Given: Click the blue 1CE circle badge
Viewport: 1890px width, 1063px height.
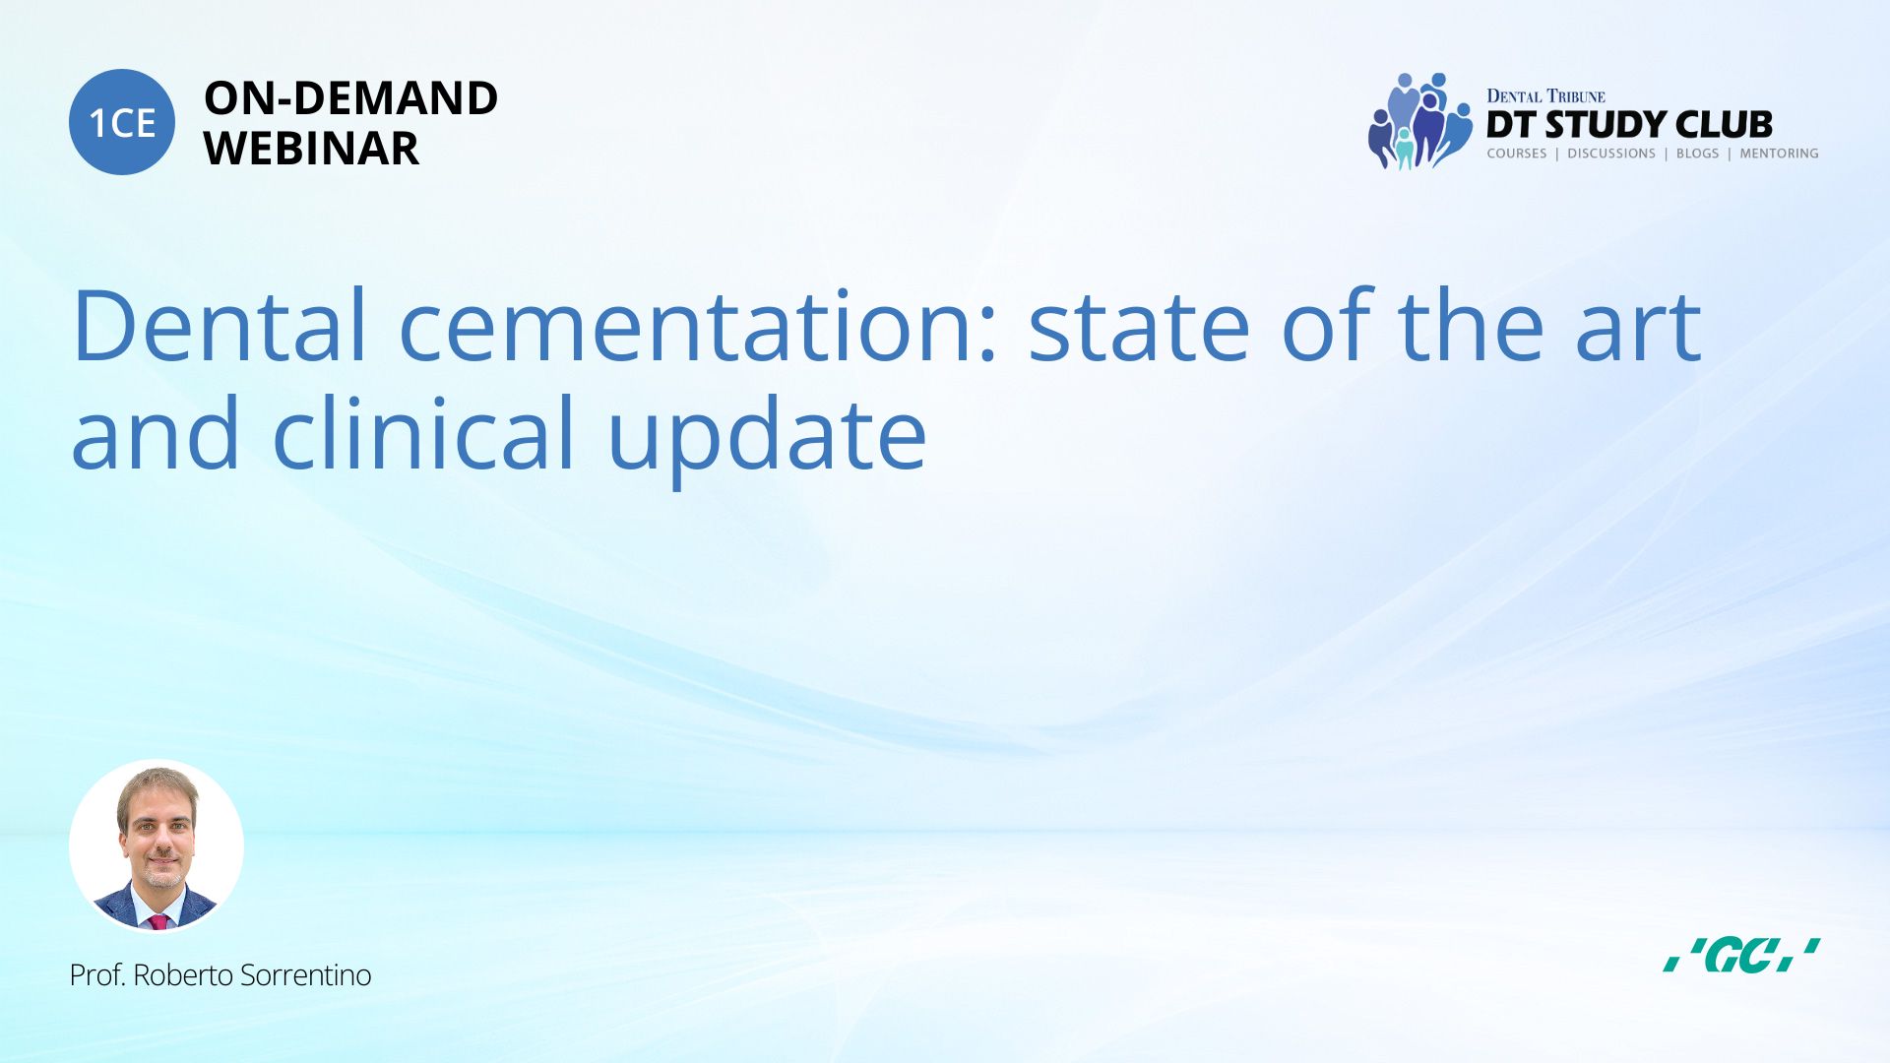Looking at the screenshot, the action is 122,122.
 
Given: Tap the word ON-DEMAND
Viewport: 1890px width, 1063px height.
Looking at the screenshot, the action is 350,98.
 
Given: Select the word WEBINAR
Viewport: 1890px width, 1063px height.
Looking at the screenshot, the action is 311,149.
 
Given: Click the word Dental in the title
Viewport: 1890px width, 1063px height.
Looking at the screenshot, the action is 220,325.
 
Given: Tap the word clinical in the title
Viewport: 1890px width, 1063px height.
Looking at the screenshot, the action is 423,431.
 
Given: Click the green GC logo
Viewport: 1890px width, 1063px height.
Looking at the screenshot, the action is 1741,955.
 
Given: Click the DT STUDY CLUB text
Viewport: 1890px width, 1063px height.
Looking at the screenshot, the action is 1629,125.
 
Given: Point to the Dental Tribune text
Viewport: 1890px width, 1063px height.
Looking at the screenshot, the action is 1545,95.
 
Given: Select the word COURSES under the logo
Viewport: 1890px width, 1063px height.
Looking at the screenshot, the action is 1517,154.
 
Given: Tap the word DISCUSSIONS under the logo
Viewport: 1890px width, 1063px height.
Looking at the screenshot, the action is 1611,154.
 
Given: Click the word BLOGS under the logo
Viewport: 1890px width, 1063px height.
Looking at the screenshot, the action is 1698,154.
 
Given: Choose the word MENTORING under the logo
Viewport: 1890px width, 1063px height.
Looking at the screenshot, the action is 1779,154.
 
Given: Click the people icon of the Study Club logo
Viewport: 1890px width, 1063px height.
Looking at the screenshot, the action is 1419,121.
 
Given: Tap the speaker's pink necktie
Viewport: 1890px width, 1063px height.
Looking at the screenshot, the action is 157,921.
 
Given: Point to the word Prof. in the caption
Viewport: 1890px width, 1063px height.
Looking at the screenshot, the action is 96,975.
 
